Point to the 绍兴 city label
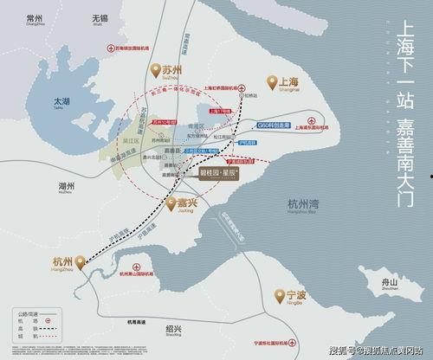(173, 330)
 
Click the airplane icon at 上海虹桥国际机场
(244, 87)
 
